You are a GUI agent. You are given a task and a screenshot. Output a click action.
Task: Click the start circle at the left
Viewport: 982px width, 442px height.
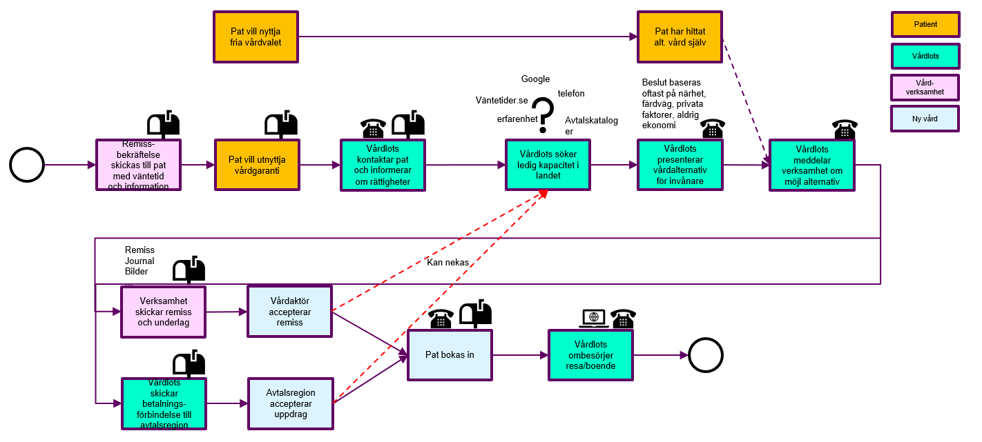coord(27,165)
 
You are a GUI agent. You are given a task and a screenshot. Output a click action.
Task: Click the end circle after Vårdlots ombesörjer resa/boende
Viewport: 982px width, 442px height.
coord(706,355)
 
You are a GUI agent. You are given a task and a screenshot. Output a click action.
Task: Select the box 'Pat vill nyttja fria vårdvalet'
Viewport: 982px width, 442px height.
coord(256,37)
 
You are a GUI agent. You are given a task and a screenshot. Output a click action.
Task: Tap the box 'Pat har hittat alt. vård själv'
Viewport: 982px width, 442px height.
coord(680,37)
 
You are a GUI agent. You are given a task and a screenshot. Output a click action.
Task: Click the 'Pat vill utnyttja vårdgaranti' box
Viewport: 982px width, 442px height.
coord(257,165)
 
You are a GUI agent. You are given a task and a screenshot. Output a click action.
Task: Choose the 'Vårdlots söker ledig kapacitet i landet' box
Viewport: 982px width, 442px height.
coord(548,165)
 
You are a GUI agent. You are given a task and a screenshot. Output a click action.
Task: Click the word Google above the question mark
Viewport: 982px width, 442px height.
coord(535,79)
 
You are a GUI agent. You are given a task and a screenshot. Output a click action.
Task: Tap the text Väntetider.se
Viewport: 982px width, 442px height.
coord(501,101)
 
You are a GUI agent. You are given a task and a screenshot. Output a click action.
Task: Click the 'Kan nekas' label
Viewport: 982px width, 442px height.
coord(447,263)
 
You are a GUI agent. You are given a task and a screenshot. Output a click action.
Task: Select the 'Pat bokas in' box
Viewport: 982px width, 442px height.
coord(450,355)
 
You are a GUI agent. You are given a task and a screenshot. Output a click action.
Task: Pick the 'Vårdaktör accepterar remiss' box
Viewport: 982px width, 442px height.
coord(290,312)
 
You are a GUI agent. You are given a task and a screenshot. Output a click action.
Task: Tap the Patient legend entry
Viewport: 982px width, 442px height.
coord(925,24)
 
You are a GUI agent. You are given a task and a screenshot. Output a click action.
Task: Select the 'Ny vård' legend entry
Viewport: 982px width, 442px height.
coord(925,119)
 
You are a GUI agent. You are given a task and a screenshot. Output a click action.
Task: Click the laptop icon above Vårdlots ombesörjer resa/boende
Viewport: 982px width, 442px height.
coord(593,318)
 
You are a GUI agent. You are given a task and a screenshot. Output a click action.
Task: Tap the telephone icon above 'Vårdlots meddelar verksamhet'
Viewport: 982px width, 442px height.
coord(844,129)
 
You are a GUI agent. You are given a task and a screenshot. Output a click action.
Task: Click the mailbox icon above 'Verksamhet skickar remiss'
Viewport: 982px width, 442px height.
coord(189,270)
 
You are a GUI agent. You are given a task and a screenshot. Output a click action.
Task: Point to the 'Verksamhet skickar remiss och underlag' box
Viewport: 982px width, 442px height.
coord(164,312)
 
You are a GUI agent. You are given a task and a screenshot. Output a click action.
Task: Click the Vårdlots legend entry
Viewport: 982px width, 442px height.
coord(925,56)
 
